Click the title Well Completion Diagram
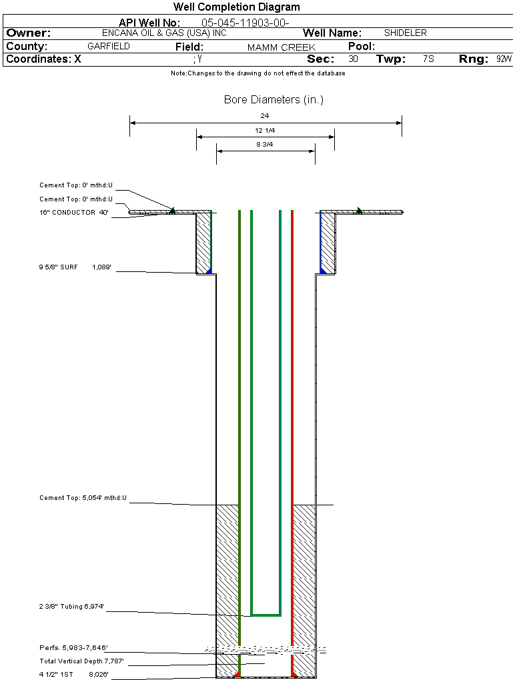236,7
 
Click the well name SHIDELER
405,33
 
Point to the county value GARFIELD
109,47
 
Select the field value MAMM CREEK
281,47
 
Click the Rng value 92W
504,59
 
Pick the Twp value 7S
428,59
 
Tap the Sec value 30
353,59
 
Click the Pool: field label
362,47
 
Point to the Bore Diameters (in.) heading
274,100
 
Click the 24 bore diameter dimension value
265,116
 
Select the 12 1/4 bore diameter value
265,131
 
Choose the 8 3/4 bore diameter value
265,144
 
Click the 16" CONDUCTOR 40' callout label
74,213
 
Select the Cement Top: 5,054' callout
83,498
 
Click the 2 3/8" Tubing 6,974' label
72,607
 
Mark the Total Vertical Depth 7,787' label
81,661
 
